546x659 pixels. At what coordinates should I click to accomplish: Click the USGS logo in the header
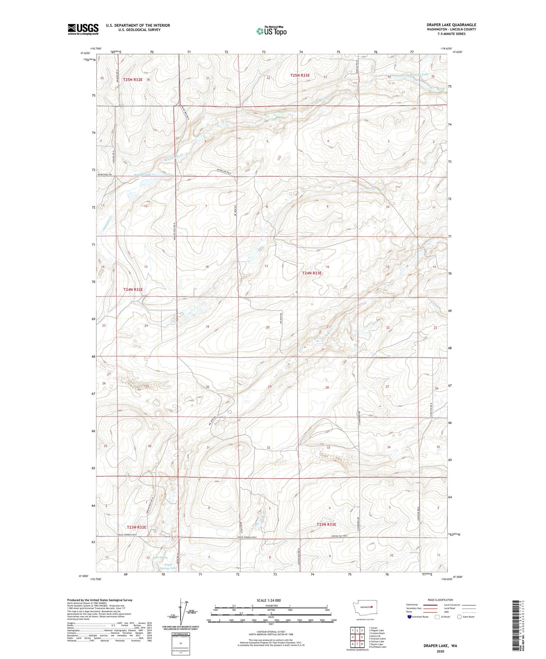(x=83, y=29)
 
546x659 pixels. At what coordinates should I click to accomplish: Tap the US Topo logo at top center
(x=271, y=31)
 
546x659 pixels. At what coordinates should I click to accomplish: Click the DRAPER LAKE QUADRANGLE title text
(x=451, y=25)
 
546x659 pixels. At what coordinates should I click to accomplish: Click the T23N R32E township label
(x=136, y=527)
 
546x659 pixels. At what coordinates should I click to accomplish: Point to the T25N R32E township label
(x=132, y=80)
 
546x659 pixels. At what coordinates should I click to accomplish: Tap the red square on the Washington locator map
(x=372, y=607)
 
